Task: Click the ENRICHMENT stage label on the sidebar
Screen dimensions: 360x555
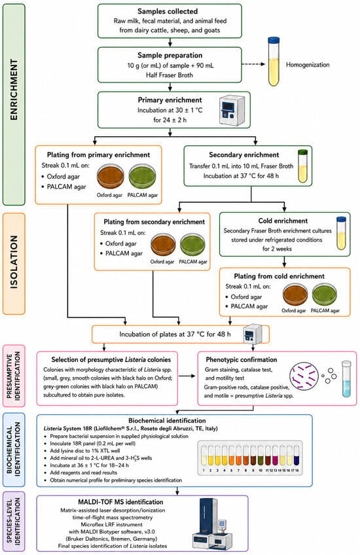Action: point(14,90)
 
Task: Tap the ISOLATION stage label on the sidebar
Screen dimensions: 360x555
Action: point(14,262)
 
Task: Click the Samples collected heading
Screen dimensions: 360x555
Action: point(168,11)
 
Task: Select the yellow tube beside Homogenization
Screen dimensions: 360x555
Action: point(274,62)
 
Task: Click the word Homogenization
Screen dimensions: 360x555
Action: point(308,64)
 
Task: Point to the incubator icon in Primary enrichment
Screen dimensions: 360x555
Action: point(232,110)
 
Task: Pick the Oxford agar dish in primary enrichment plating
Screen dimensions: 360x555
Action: point(110,176)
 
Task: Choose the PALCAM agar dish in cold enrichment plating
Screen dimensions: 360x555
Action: point(324,295)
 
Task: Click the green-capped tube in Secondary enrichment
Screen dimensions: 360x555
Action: point(302,166)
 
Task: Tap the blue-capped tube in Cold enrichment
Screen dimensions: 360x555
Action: point(341,233)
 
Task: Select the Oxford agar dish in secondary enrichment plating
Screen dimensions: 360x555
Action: point(163,245)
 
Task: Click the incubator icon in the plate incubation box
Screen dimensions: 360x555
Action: point(253,334)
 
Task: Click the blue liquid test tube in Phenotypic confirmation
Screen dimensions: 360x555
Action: point(346,378)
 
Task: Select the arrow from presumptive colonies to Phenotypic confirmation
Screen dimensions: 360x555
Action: point(187,376)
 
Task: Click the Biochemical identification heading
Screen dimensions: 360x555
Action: point(167,420)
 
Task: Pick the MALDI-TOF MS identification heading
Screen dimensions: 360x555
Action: point(120,502)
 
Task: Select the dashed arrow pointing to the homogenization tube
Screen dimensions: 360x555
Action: point(253,64)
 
